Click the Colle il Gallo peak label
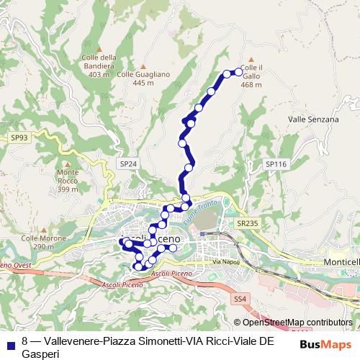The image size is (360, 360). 251,76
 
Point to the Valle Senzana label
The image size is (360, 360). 312,119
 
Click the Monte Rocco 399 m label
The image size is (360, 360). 67,181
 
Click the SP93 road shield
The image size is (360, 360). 19,137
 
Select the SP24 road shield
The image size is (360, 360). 128,164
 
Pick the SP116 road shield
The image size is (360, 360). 276,165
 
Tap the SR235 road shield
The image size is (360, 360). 248,224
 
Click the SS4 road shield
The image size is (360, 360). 240,298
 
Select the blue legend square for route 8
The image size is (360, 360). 11,341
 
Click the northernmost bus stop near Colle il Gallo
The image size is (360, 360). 238,71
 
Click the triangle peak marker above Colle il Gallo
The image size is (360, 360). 251,60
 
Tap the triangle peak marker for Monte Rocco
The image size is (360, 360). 68,162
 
